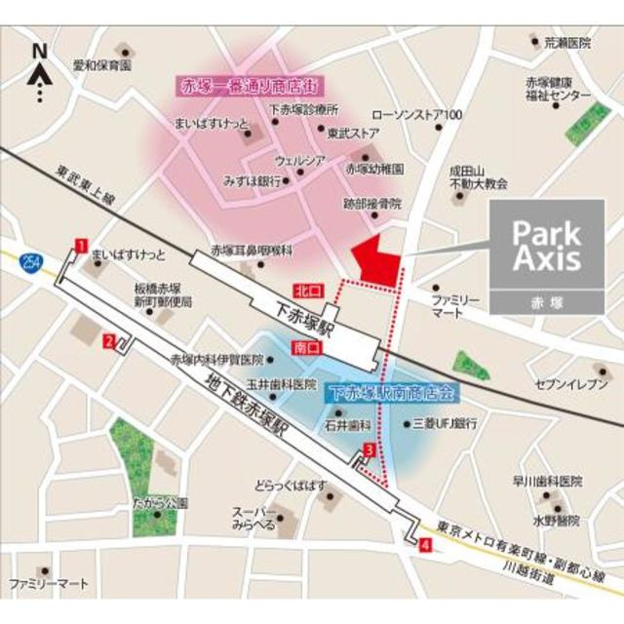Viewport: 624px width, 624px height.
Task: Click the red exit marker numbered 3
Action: (369, 449)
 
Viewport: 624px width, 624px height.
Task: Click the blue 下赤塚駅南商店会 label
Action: (391, 394)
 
